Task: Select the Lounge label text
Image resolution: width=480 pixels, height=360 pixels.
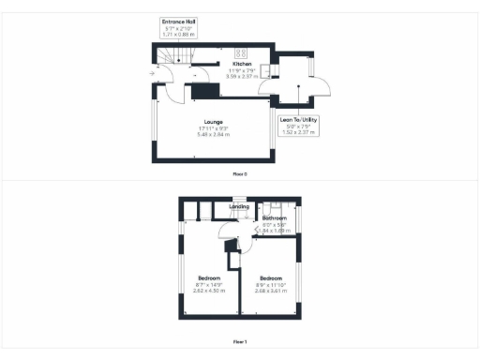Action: (x=214, y=122)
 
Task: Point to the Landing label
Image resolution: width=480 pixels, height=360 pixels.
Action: (x=239, y=206)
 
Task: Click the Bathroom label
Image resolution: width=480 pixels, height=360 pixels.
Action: (x=274, y=218)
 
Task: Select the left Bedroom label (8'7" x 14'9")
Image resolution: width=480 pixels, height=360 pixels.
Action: (x=211, y=278)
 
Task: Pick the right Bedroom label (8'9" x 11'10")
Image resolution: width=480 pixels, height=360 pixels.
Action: (x=271, y=278)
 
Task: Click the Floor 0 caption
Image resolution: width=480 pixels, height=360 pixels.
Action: (x=240, y=174)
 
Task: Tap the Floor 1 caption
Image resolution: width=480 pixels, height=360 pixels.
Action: (x=240, y=342)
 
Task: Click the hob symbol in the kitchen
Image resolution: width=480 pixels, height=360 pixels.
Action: (x=241, y=53)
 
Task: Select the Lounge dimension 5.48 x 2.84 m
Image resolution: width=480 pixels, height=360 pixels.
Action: (x=214, y=135)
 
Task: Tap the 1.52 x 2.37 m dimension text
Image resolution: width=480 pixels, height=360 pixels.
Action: (x=299, y=133)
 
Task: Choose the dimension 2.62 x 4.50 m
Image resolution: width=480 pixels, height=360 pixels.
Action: (x=211, y=292)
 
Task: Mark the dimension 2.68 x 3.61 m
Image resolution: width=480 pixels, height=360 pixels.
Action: (x=271, y=292)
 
